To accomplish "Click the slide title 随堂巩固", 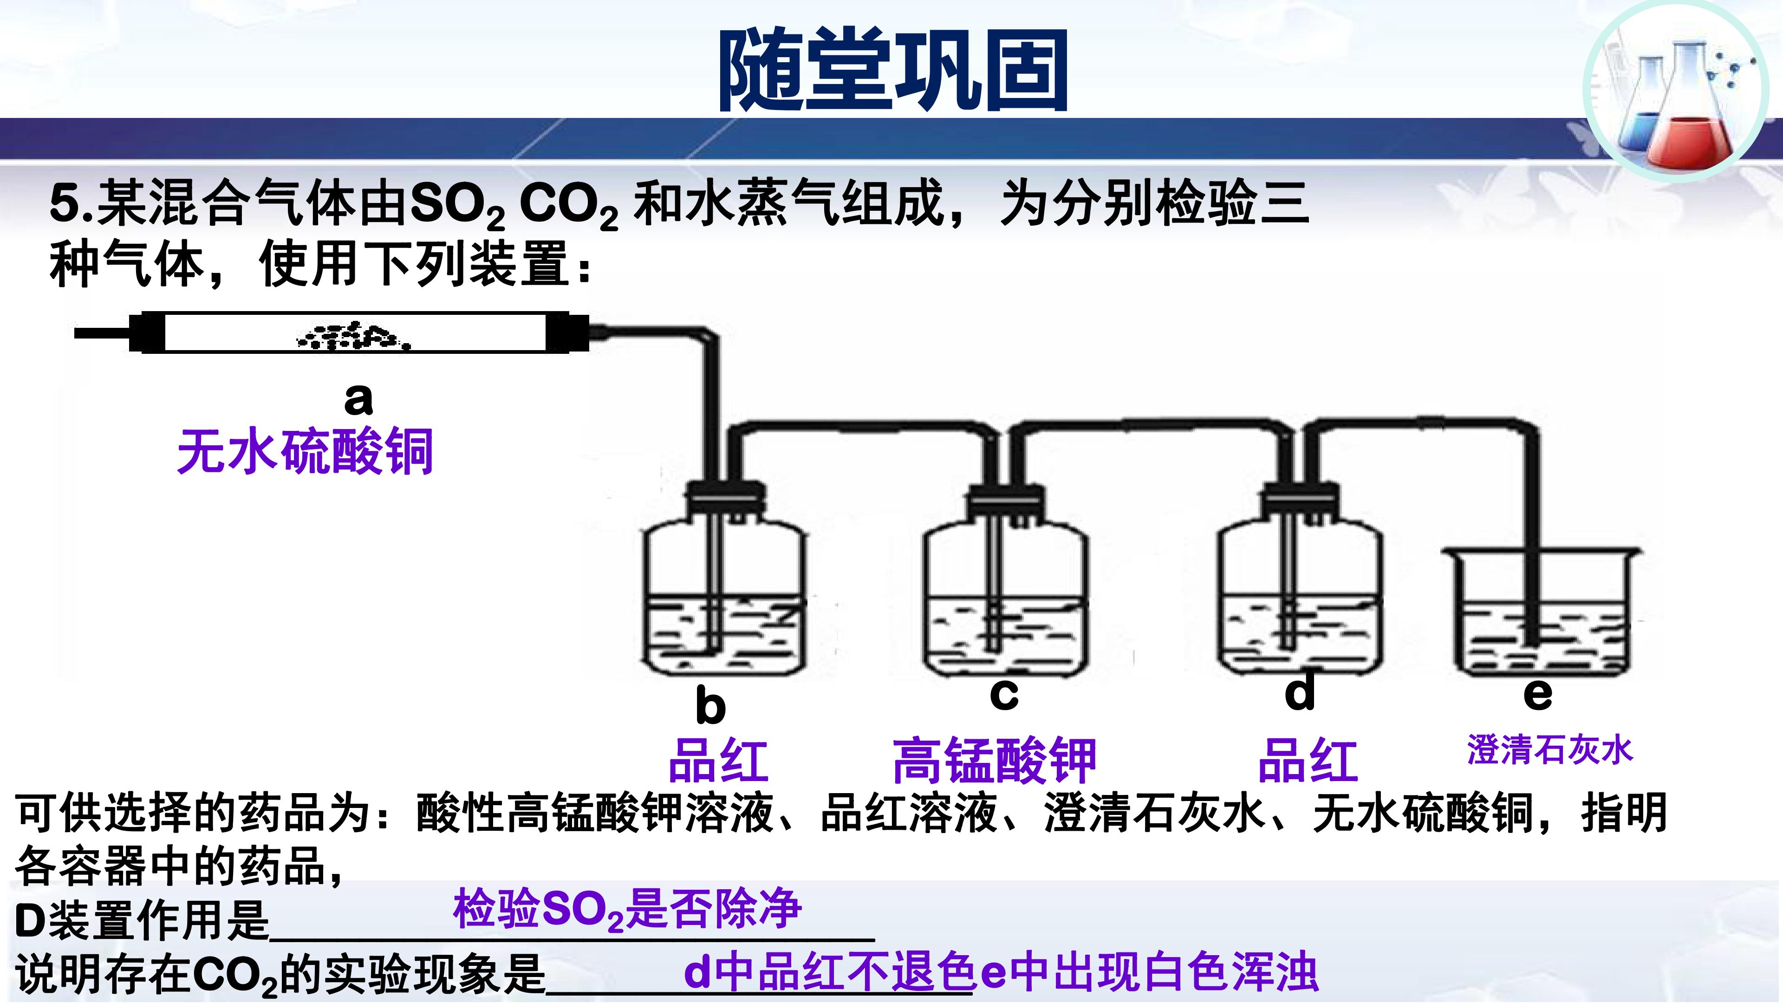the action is pyautogui.click(x=893, y=70).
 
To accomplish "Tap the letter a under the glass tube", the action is pyautogui.click(x=358, y=399).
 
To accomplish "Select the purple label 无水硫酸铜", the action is pyautogui.click(x=305, y=451).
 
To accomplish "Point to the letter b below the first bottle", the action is pyautogui.click(x=710, y=705).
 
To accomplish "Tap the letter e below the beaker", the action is pyautogui.click(x=1537, y=694).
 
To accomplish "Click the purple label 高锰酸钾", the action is pyautogui.click(x=995, y=760).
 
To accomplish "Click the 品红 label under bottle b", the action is pyautogui.click(x=718, y=760).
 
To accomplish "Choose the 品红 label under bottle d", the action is pyautogui.click(x=1308, y=760).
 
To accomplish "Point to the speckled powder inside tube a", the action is pyautogui.click(x=353, y=336).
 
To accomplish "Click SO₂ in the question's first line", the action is pyautogui.click(x=457, y=206).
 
